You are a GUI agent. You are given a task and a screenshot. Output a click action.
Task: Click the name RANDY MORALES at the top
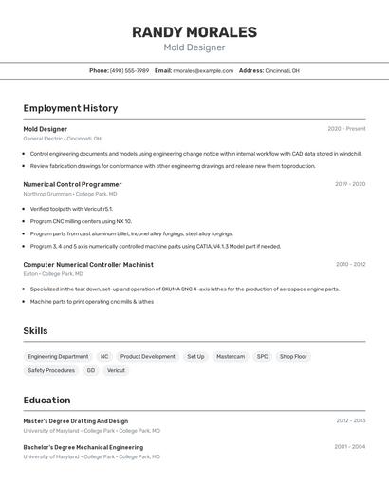coord(194,32)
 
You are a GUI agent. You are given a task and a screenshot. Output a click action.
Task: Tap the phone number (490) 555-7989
coord(129,70)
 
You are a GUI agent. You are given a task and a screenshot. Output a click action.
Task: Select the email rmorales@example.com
coord(203,70)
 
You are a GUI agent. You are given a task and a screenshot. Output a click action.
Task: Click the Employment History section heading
coord(70,108)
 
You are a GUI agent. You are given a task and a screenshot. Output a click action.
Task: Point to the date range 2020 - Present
coord(346,129)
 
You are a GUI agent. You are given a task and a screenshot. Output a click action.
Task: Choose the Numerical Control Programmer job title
coord(72,184)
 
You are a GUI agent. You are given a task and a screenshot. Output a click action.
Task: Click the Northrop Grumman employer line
coord(70,194)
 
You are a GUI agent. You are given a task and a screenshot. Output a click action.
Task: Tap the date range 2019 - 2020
coord(350,184)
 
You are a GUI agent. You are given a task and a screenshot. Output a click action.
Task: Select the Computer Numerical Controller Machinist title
coord(88,264)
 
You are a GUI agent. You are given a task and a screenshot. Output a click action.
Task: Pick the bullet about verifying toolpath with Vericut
coord(71,209)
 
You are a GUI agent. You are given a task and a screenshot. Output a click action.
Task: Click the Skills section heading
coord(36,331)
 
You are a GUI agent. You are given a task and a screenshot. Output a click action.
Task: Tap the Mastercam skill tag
coord(231,357)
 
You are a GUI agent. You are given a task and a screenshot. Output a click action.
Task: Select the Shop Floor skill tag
coord(293,357)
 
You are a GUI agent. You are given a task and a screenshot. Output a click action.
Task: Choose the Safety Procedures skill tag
coord(51,371)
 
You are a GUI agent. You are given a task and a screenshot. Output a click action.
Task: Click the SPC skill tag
coord(262,357)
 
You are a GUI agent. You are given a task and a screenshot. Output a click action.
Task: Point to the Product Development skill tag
coord(147,357)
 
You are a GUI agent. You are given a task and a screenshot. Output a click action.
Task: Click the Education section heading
coord(46,401)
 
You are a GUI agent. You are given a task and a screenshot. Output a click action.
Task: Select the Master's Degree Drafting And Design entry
coord(76,420)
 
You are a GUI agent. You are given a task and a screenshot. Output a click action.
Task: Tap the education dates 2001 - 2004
coord(350,447)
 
